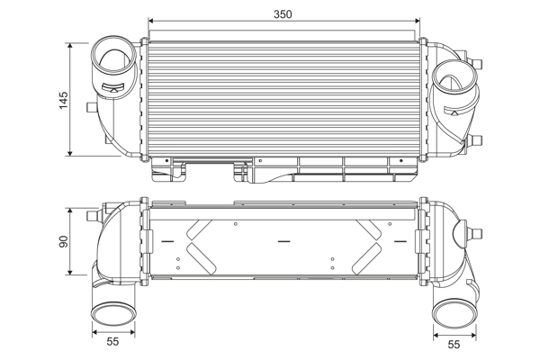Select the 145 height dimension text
(x=62, y=99)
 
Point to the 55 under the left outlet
(x=112, y=343)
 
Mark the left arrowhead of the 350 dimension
(x=152, y=22)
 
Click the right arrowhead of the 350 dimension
(x=418, y=22)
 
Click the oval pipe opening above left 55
(x=112, y=313)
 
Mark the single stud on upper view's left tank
(x=88, y=107)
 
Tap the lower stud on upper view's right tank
(x=479, y=139)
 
